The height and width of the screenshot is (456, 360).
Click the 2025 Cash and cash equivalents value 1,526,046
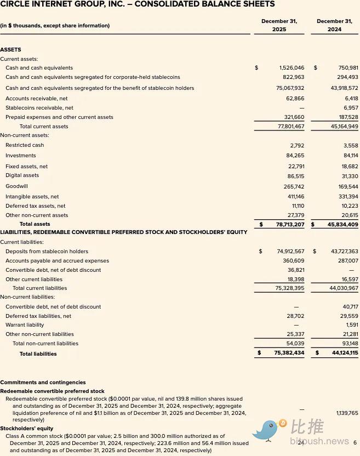292,68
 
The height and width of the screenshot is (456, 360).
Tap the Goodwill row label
16,186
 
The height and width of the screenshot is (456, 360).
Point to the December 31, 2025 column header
279,25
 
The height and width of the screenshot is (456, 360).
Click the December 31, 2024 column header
334,25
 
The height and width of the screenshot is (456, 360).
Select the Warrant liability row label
25,325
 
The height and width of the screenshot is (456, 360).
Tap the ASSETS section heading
10,50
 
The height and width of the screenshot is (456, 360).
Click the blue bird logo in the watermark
270,431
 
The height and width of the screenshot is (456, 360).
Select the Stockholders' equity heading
27,429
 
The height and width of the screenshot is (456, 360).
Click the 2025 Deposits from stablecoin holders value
290,252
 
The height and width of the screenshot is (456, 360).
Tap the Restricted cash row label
25,145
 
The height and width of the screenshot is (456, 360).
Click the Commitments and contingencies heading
43,383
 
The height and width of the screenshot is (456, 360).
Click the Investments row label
21,156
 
